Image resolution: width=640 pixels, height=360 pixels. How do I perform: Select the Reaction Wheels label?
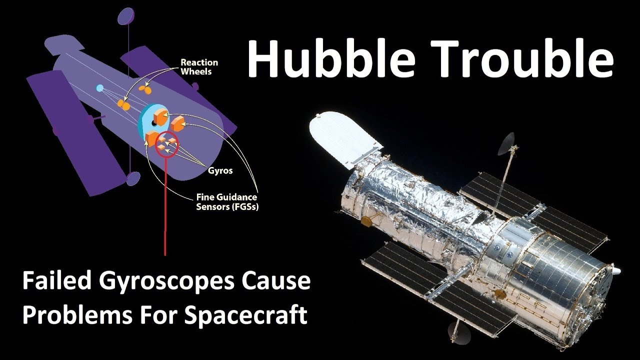click(x=199, y=67)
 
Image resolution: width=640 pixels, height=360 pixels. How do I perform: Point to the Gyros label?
click(x=220, y=170)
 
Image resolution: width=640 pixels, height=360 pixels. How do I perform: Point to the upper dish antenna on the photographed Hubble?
click(x=507, y=141)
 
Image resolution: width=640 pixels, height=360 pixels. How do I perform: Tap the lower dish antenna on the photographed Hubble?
click(x=456, y=329)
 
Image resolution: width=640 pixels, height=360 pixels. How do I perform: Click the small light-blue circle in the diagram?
click(x=99, y=88)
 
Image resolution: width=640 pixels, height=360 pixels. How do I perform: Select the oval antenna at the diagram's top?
click(x=124, y=17)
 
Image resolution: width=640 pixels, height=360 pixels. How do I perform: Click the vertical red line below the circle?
click(x=165, y=210)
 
